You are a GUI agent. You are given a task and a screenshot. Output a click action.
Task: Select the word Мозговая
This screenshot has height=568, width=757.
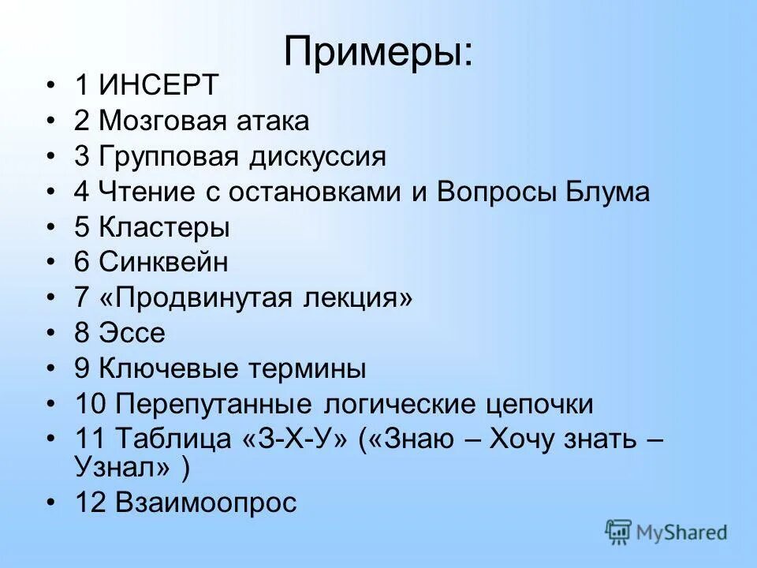(166, 121)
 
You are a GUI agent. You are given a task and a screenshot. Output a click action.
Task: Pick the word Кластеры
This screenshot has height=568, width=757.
(165, 228)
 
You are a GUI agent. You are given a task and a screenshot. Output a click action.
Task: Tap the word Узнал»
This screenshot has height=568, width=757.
(124, 467)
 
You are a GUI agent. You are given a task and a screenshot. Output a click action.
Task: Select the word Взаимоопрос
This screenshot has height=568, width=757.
(206, 503)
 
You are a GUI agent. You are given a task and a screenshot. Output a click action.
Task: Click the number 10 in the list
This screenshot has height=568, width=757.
(91, 405)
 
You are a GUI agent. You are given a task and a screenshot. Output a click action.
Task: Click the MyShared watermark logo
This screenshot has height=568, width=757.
(666, 533)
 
